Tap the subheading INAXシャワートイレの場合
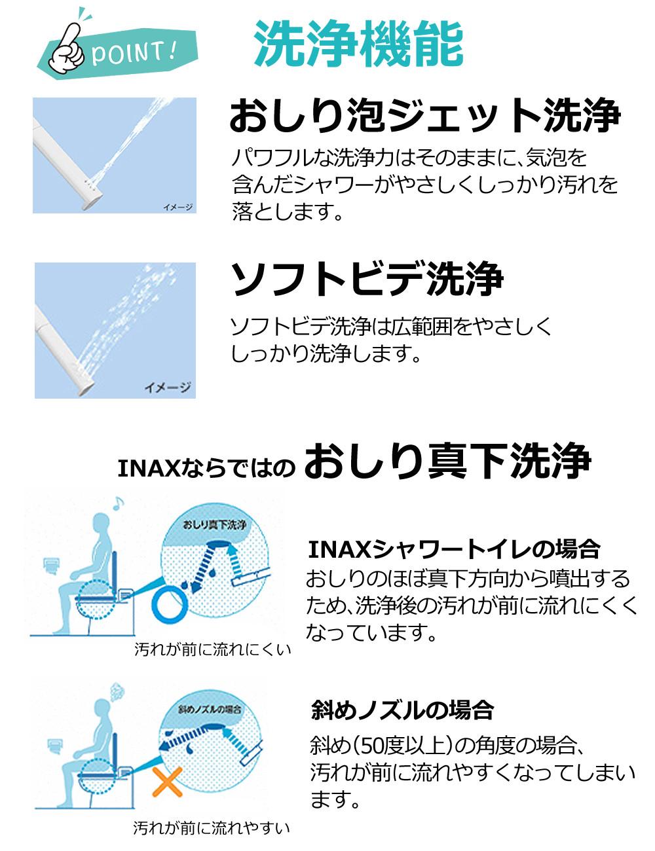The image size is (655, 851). click(453, 549)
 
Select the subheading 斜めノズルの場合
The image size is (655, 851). click(402, 709)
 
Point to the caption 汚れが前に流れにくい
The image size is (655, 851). click(212, 650)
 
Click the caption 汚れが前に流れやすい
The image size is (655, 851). click(212, 828)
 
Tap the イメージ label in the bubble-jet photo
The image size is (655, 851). click(178, 208)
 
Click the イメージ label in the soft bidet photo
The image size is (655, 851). click(168, 388)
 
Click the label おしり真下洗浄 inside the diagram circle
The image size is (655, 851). click(214, 525)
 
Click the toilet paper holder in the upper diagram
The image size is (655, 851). click(51, 564)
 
